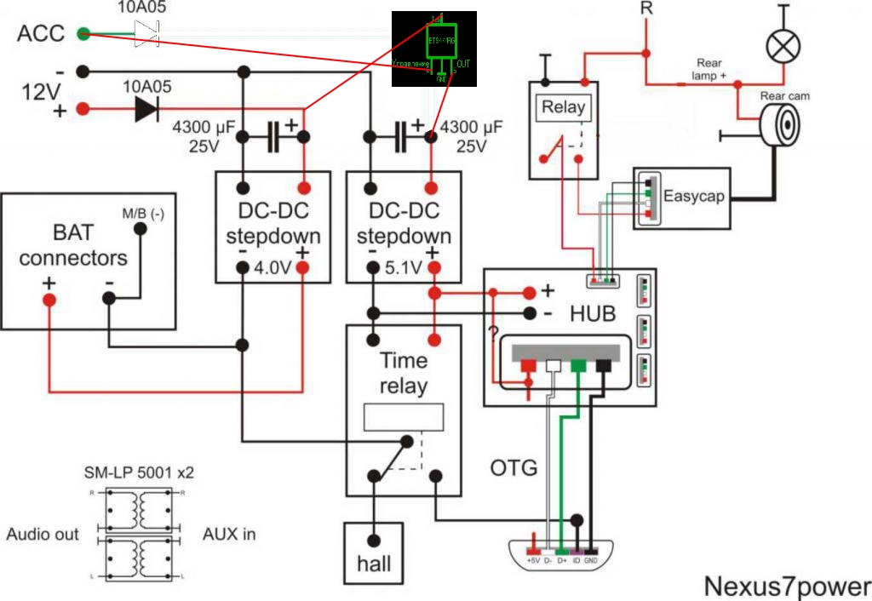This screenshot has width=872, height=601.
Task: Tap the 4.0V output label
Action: click(x=273, y=268)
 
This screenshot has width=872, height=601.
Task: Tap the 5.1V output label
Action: click(x=403, y=268)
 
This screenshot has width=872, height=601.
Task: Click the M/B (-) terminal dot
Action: click(x=141, y=229)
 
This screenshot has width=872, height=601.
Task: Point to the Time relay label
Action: click(x=404, y=373)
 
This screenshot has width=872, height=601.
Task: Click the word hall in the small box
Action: click(x=375, y=564)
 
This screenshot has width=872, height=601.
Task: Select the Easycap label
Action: click(x=694, y=196)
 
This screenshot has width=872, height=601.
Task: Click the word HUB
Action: click(x=593, y=313)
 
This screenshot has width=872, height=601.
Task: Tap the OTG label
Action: click(x=513, y=467)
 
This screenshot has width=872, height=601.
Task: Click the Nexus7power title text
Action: click(x=787, y=587)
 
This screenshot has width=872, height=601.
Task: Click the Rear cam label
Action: click(x=785, y=96)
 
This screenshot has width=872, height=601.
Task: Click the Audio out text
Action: click(x=43, y=535)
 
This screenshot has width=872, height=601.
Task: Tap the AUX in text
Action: click(x=229, y=535)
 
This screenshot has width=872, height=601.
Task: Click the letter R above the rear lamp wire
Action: click(x=646, y=9)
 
